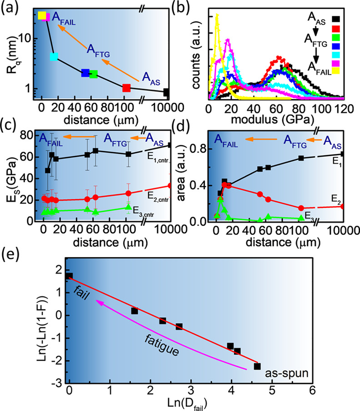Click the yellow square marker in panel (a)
tap(42, 16)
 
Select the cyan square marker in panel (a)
tap(54, 57)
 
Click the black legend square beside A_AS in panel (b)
tap(349, 18)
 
